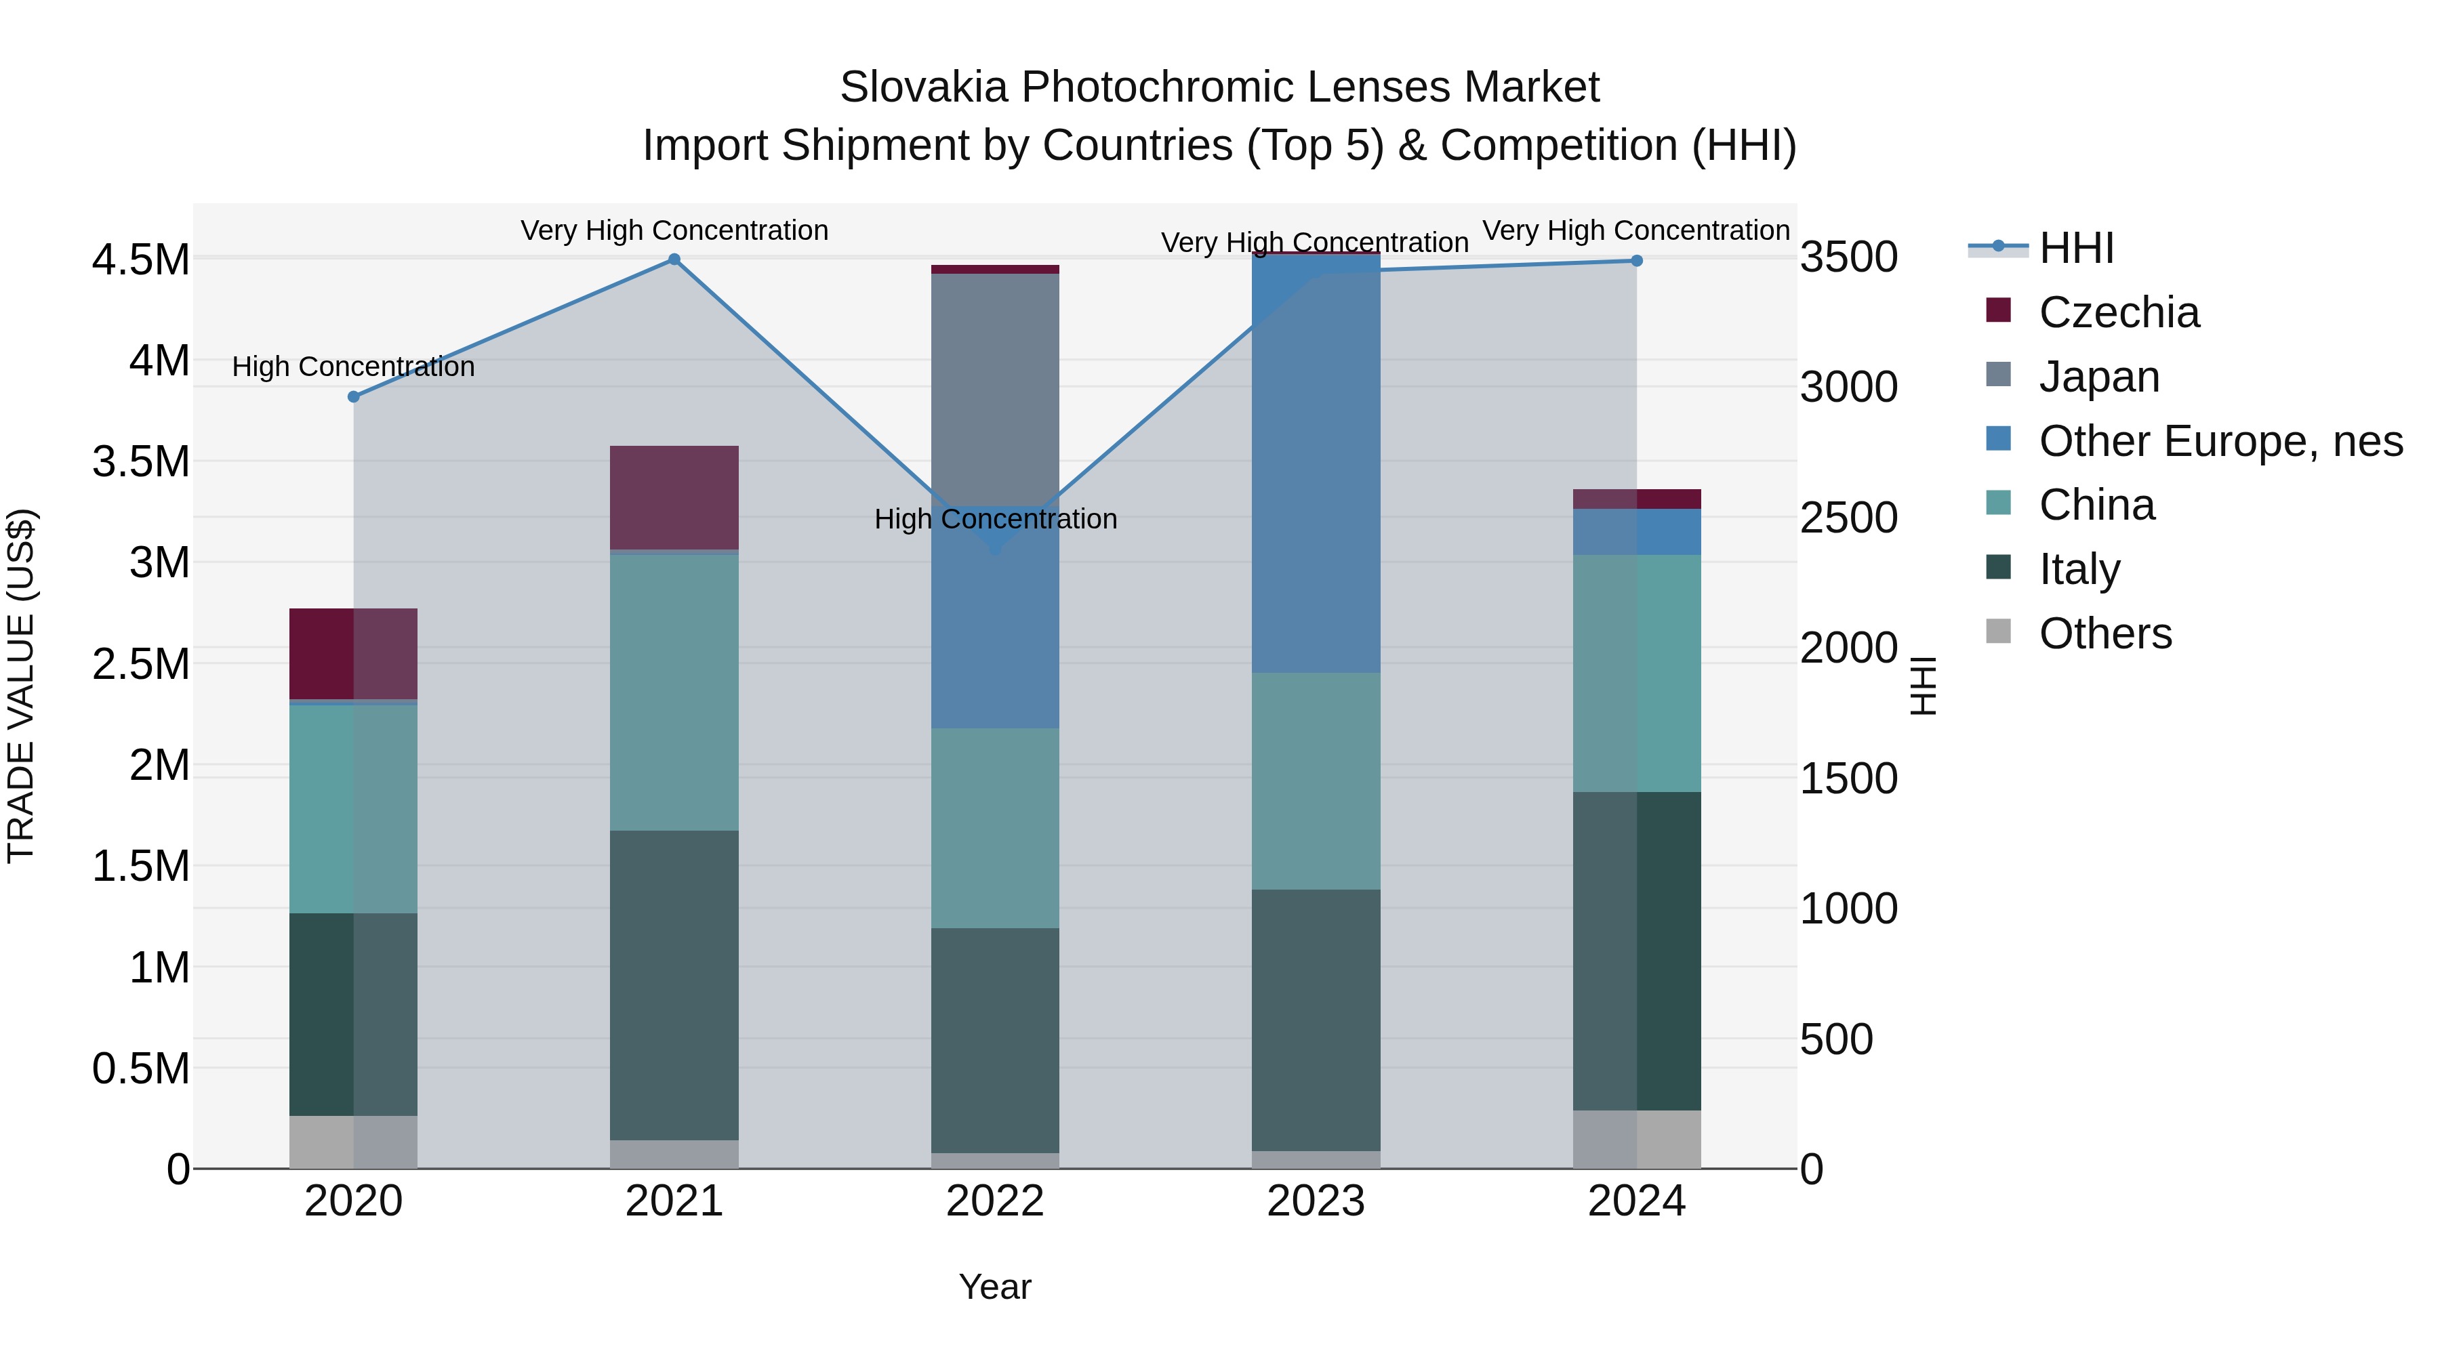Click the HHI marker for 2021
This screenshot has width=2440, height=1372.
pyautogui.click(x=674, y=259)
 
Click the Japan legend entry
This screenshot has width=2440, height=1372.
pyautogui.click(x=2099, y=377)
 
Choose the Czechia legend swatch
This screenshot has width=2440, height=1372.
pyautogui.click(x=1999, y=310)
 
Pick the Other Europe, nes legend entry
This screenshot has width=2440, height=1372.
pyautogui.click(x=2220, y=441)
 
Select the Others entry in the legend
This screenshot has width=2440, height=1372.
pyautogui.click(x=2104, y=633)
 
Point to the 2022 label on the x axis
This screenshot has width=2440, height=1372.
pyautogui.click(x=994, y=1201)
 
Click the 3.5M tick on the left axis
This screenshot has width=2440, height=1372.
pyautogui.click(x=141, y=462)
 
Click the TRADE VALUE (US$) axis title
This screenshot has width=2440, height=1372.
pyautogui.click(x=21, y=686)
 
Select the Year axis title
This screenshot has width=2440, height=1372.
pyautogui.click(x=994, y=1287)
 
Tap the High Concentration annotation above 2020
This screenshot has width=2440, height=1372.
pyautogui.click(x=353, y=367)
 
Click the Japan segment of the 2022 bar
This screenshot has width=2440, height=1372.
pyautogui.click(x=994, y=388)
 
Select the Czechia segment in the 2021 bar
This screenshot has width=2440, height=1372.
pyautogui.click(x=674, y=497)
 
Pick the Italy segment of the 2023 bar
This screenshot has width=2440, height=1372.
pyautogui.click(x=1316, y=1020)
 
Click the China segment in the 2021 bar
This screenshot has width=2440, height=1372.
pyautogui.click(x=674, y=692)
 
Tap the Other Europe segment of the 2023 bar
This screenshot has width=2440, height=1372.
pyautogui.click(x=1316, y=464)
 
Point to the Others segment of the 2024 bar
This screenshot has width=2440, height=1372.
pyautogui.click(x=1637, y=1139)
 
